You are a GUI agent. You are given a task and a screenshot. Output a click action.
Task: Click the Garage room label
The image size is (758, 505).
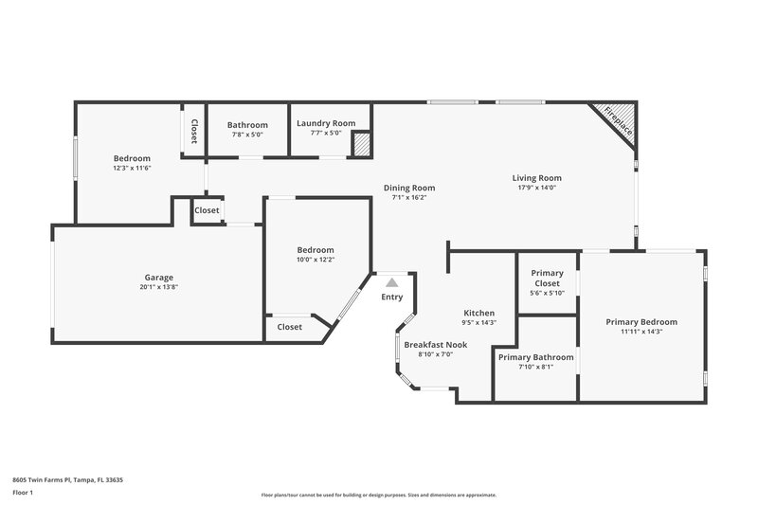(x=158, y=278)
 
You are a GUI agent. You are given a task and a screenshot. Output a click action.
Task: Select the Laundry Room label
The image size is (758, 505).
(x=326, y=123)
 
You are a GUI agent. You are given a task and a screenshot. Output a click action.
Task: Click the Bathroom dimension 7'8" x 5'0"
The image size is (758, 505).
(x=247, y=135)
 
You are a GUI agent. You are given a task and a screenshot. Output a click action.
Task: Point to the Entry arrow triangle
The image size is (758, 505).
(x=392, y=282)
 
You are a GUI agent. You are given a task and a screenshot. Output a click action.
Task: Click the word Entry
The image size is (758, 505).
(x=392, y=298)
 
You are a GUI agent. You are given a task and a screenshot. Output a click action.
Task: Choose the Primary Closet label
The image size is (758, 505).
(x=547, y=278)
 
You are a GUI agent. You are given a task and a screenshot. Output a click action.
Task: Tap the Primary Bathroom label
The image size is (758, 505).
(x=535, y=357)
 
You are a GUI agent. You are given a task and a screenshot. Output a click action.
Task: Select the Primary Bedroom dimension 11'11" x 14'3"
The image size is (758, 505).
(x=641, y=332)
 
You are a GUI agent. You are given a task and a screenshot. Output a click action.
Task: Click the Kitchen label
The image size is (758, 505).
(x=478, y=313)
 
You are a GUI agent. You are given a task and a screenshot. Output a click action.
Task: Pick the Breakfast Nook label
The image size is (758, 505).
(x=429, y=345)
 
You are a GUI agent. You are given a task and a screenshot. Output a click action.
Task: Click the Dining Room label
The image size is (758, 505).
(x=409, y=188)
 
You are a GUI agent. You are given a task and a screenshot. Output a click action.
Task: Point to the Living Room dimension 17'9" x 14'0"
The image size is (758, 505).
(x=537, y=188)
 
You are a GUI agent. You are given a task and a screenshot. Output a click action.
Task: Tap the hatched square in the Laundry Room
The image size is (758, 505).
(x=361, y=144)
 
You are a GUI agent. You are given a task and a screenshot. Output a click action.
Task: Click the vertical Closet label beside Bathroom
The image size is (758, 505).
(x=194, y=131)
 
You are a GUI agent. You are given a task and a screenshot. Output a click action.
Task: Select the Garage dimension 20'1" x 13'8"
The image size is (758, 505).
(x=158, y=287)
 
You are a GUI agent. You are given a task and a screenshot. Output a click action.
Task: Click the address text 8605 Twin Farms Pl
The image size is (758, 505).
(x=67, y=479)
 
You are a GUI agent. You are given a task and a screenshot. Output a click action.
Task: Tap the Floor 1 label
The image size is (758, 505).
(x=23, y=494)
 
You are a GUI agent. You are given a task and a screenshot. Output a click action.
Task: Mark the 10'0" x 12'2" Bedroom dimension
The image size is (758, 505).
(x=316, y=259)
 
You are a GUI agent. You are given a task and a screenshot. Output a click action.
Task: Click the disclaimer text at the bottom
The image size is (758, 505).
(x=379, y=495)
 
